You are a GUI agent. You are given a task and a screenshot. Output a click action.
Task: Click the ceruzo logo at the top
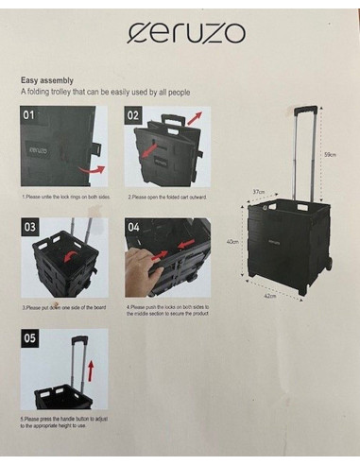point(186,34)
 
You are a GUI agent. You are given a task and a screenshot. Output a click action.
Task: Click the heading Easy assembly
point(46,81)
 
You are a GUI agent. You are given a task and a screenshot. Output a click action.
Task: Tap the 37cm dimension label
point(257,192)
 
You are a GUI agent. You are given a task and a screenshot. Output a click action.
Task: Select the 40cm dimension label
point(231,241)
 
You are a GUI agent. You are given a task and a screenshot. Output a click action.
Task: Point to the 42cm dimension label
point(269,296)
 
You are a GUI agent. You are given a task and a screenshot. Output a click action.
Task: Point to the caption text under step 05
point(67,422)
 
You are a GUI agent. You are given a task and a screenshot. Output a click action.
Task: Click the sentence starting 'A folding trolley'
point(107,93)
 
